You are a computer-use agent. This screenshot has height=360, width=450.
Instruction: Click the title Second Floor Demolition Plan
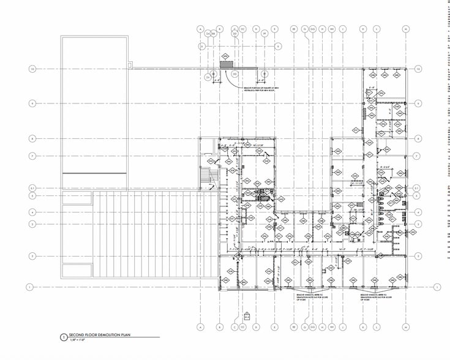tap(100, 336)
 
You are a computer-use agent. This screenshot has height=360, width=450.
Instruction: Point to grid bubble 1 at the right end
tap(437, 287)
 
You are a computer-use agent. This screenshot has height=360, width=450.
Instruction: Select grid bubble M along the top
tap(405, 29)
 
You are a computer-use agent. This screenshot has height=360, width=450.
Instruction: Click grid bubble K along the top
tap(362, 29)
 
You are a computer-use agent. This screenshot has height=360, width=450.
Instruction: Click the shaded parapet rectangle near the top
tap(225, 64)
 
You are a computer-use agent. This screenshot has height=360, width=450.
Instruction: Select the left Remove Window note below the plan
tap(305, 297)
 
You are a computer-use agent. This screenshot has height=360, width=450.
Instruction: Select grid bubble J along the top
tap(343, 29)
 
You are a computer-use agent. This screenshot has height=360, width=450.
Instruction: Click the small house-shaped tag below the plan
tap(247, 316)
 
